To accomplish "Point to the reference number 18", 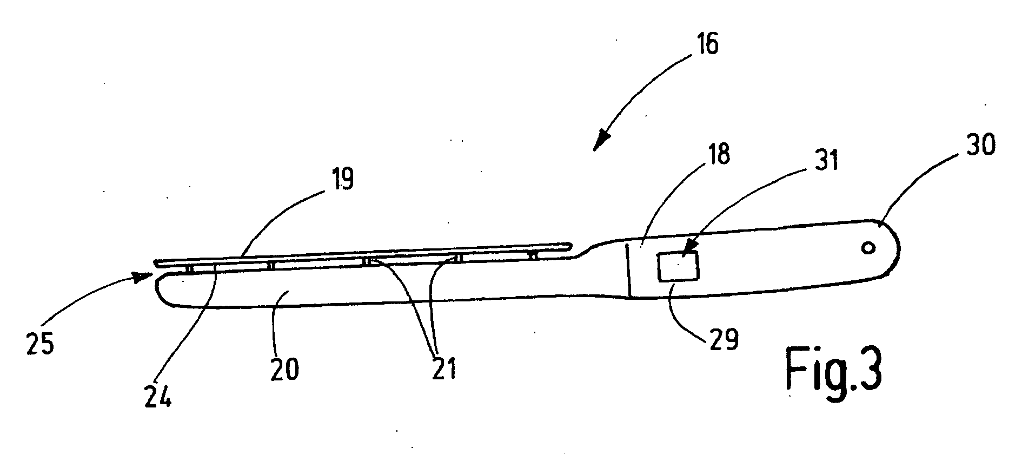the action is tap(716, 154).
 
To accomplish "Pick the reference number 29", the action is tap(724, 340).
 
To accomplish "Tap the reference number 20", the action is tap(284, 371).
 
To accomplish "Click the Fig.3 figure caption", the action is tap(834, 372).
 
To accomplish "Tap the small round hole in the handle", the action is tap(868, 248).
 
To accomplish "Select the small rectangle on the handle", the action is tap(678, 267).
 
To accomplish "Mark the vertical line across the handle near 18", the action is tap(628, 269).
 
